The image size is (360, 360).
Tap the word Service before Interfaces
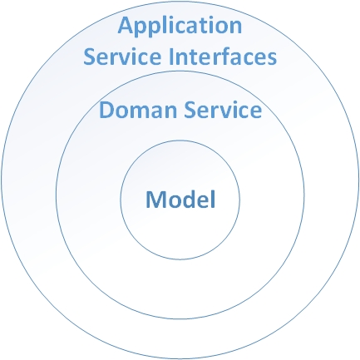122,57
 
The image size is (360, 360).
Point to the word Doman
138,110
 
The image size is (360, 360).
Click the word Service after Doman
223,110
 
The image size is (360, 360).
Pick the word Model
180,199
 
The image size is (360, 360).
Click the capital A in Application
126,26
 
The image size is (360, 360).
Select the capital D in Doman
106,110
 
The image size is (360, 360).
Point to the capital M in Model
155,200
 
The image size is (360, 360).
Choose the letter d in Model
195,199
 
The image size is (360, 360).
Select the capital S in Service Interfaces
91,57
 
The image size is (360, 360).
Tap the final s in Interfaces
272,59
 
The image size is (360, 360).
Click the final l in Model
213,199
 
